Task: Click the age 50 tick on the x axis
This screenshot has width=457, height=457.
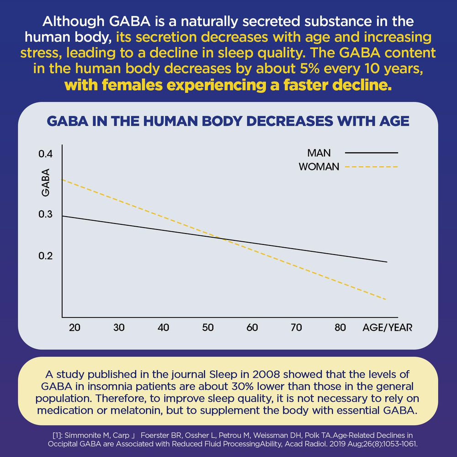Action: coord(208,328)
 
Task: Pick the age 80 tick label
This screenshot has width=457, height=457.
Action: coord(340,328)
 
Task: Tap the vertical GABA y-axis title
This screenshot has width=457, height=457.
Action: coord(46,183)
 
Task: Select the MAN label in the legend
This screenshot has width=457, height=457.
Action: coord(319,153)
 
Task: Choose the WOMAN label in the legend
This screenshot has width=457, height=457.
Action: coord(319,167)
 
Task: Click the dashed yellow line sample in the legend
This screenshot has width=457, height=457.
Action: coord(371,167)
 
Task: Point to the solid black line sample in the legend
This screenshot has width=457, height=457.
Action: coord(371,153)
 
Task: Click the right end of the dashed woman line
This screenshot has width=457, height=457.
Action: coord(387,299)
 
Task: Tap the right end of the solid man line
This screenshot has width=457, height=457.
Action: coord(387,262)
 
